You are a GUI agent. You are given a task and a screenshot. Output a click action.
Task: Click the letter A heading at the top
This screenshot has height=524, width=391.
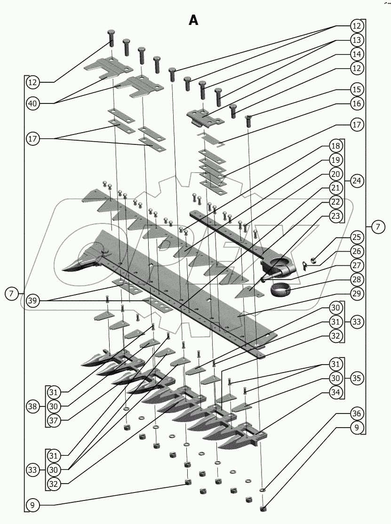[193, 20]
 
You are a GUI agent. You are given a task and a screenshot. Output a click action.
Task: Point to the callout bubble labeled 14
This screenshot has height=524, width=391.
[356, 54]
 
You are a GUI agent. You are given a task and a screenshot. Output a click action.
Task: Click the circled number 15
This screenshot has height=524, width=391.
[356, 89]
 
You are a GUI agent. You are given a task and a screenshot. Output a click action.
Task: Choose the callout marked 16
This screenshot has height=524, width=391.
[356, 103]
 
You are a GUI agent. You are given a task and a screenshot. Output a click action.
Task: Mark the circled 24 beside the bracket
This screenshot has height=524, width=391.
[356, 181]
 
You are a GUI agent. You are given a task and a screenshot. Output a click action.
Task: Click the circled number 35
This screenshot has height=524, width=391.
[356, 378]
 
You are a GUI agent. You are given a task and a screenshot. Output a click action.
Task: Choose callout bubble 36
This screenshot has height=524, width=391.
[356, 414]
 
